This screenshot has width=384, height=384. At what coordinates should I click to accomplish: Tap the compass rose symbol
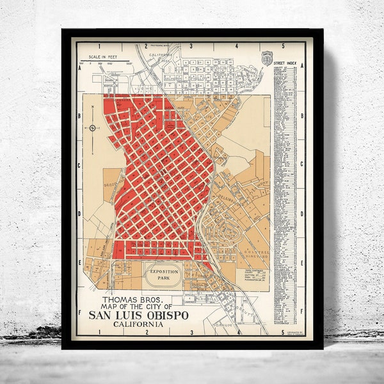pos(92,128)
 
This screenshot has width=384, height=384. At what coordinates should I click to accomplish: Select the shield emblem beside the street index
pos(267,57)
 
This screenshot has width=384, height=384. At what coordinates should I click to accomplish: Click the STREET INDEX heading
pos(285,63)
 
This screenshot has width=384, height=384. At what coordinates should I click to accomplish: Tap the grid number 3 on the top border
pos(192,46)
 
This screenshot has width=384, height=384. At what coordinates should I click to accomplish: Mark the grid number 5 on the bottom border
pos(282,332)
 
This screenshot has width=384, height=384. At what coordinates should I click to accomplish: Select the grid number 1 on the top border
pos(101,46)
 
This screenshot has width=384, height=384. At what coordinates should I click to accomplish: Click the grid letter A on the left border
pos(78,70)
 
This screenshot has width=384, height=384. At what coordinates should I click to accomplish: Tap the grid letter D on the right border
pos(301,214)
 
